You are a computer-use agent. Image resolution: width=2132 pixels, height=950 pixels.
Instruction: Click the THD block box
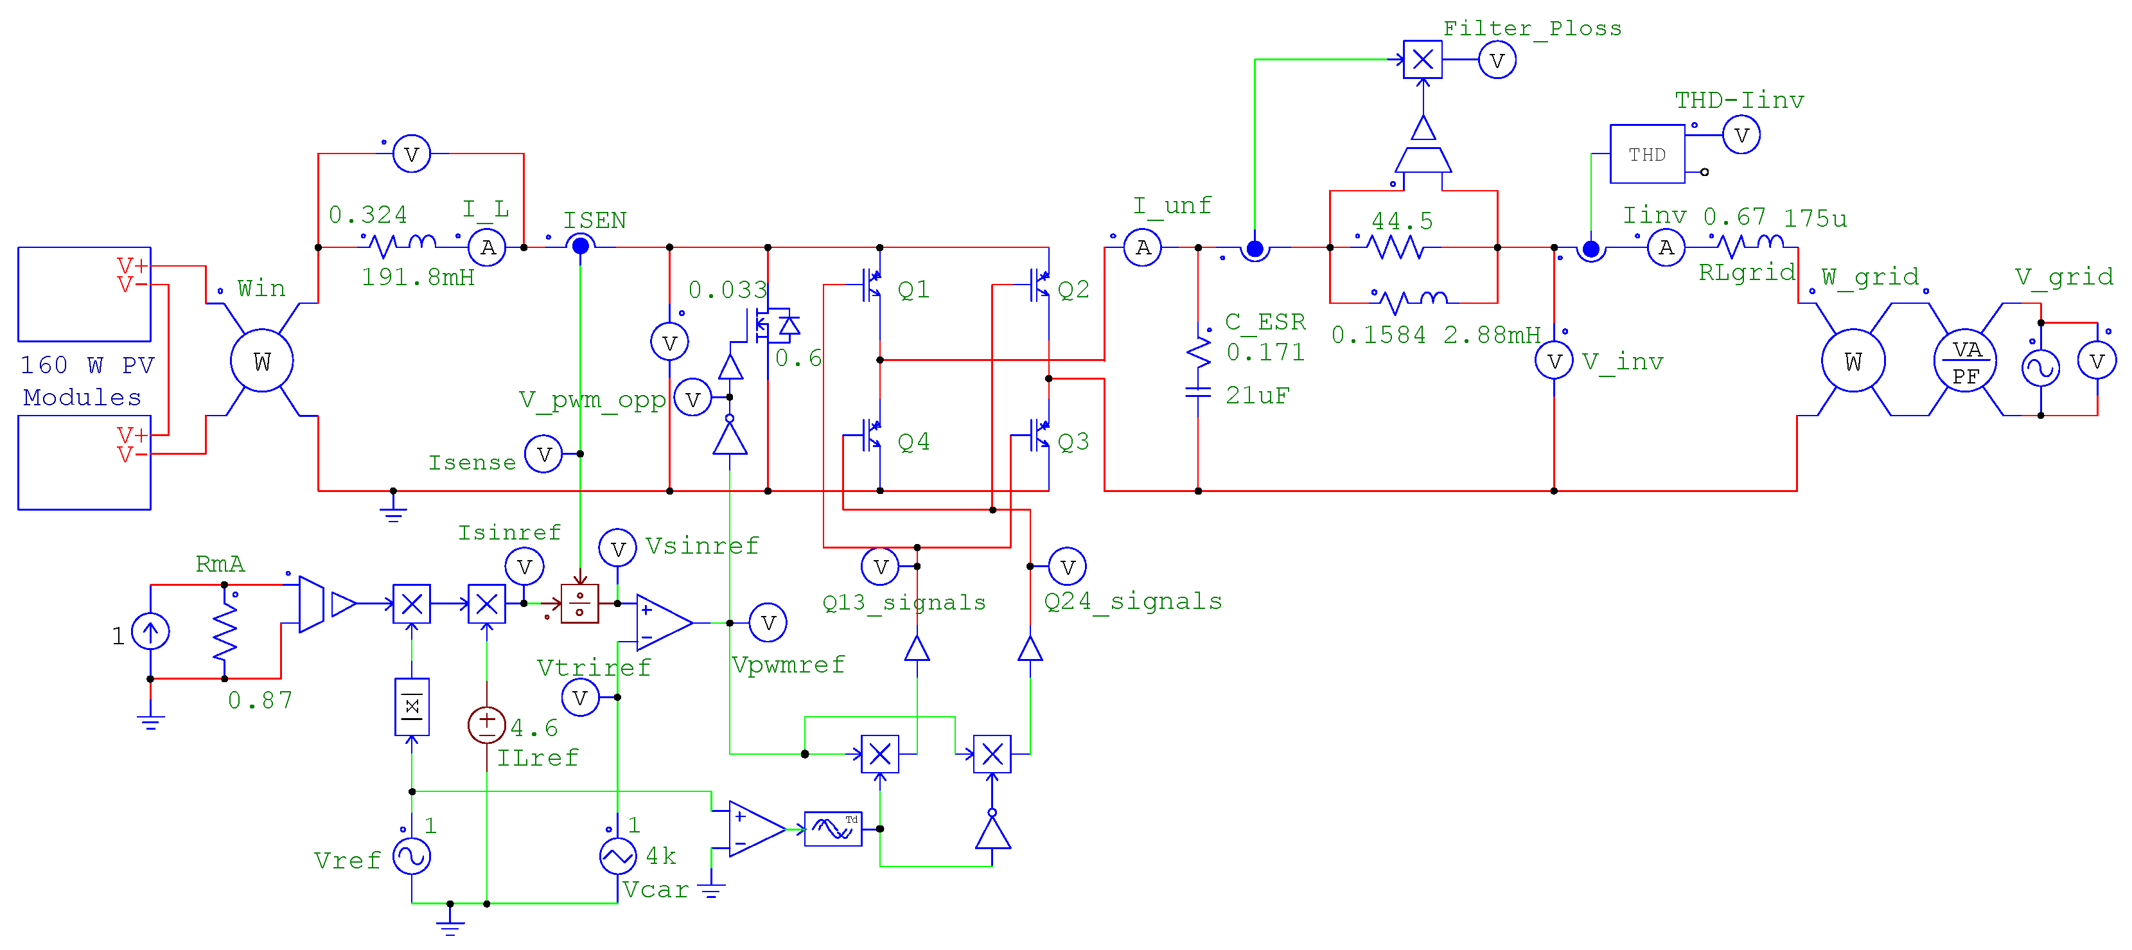tap(1646, 154)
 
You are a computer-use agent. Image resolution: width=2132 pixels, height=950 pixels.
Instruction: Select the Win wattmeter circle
tap(261, 361)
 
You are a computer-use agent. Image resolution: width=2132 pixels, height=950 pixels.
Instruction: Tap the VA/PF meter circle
tap(1965, 362)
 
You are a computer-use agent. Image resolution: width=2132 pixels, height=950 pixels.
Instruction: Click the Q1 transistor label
tap(913, 290)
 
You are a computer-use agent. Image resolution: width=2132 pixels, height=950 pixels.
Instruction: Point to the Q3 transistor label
tap(1073, 442)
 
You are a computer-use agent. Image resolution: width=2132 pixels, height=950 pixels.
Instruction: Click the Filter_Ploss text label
tap(1532, 28)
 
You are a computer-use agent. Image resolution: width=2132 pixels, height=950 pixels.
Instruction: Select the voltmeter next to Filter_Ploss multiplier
tap(1496, 60)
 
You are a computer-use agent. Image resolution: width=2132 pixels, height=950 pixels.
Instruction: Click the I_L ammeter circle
tap(488, 247)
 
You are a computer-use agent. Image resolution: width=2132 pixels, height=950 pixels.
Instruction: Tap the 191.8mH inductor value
tap(418, 277)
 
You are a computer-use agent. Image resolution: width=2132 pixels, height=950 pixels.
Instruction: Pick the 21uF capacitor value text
tap(1257, 396)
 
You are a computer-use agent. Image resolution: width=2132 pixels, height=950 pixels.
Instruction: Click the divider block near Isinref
tap(579, 603)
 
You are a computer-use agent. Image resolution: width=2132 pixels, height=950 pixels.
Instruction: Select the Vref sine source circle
tap(411, 856)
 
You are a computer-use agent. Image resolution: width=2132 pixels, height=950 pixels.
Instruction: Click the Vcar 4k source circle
tap(617, 856)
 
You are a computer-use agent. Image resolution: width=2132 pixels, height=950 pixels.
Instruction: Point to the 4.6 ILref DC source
tap(487, 725)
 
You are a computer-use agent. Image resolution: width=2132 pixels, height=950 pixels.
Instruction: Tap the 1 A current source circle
tap(150, 632)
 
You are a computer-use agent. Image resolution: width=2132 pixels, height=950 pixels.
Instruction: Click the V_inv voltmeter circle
tap(1553, 362)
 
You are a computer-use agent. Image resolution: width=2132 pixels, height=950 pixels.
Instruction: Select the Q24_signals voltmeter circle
tap(1067, 567)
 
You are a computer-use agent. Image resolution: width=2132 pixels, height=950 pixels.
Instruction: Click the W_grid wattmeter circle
tap(1853, 362)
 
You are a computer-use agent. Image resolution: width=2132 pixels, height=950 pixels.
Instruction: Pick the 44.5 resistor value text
tap(1401, 221)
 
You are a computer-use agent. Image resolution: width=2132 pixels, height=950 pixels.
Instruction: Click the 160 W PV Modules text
tap(86, 381)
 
